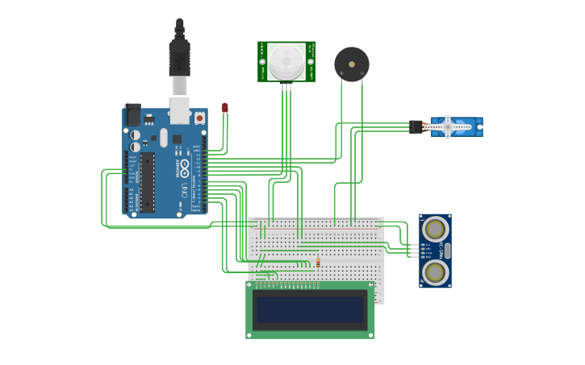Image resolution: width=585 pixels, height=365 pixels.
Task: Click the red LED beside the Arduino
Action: click(225, 107)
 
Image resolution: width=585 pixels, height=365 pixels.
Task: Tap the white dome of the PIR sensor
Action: click(286, 61)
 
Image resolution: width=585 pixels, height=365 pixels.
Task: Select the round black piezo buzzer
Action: click(352, 64)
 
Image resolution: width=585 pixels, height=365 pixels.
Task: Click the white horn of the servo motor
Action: click(449, 127)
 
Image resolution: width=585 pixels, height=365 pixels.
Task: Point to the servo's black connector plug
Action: click(416, 127)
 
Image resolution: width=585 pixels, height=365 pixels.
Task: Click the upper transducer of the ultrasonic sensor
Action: click(435, 229)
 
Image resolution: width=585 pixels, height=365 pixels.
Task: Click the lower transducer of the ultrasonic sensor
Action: click(435, 272)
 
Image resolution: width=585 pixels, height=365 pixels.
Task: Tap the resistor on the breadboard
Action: click(318, 263)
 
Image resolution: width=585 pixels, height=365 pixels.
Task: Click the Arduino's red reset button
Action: click(199, 118)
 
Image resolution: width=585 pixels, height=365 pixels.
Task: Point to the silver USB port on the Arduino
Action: click(179, 111)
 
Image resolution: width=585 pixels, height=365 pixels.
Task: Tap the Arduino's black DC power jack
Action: click(132, 115)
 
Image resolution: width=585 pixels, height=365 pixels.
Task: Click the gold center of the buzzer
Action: click(352, 64)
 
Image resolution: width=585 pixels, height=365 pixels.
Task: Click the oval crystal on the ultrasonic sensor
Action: click(448, 251)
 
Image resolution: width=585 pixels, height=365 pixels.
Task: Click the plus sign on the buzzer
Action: click(341, 73)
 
